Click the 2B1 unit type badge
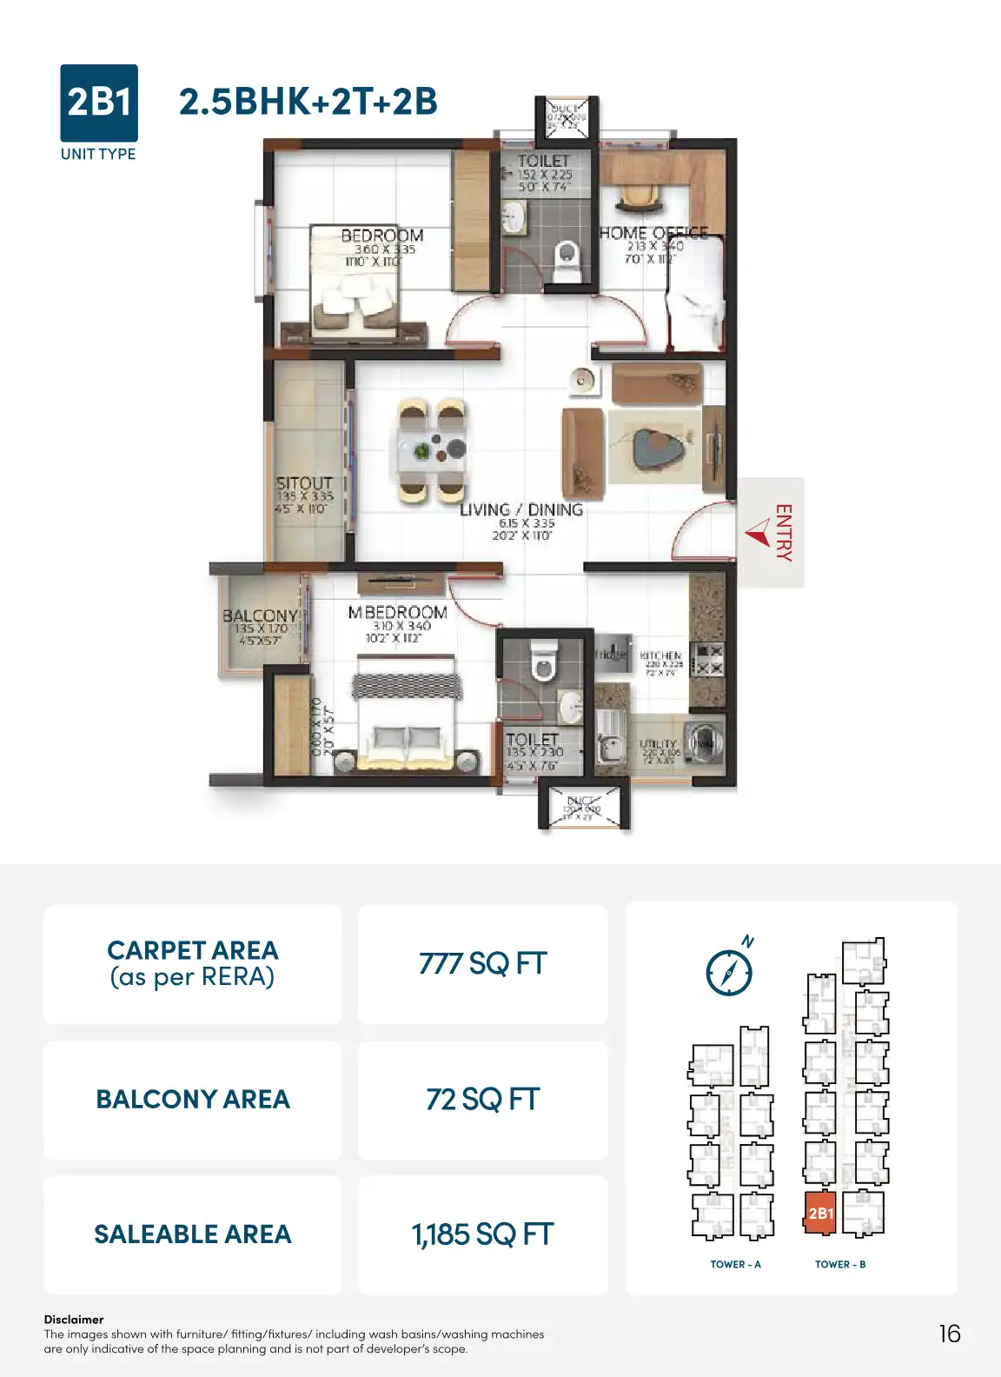98,103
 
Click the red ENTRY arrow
758,533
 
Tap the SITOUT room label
304,483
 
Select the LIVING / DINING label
520,510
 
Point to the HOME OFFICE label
653,233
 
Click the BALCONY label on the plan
259,616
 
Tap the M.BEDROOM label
398,613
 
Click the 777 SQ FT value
482,964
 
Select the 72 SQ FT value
482,1100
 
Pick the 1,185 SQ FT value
482,1234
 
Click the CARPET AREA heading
193,950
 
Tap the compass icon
729,971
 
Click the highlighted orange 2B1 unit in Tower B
820,1214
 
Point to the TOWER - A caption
735,1265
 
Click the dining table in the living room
432,451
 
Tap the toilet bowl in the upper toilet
567,256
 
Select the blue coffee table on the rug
655,447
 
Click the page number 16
950,1334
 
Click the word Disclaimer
74,1319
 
